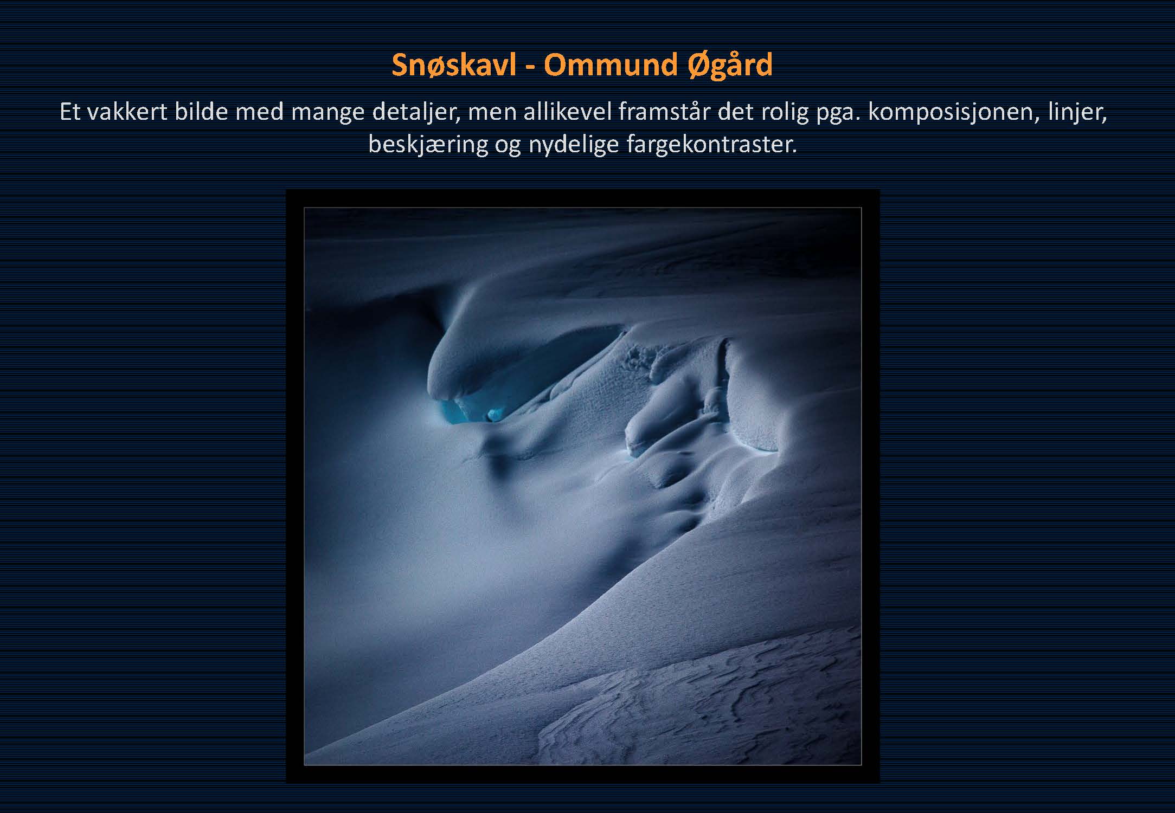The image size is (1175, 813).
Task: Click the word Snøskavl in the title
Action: [x=454, y=65]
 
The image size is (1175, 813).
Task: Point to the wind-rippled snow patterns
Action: [x=705, y=699]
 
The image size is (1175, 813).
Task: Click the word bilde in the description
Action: [x=202, y=112]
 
